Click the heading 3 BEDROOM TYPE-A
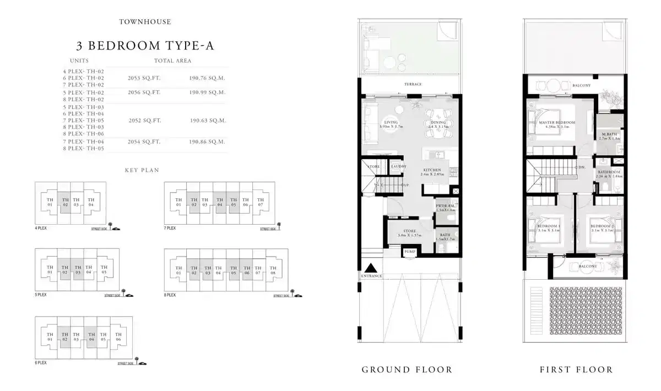click(x=145, y=46)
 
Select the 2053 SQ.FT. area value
click(x=144, y=78)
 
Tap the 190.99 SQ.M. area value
click(x=207, y=93)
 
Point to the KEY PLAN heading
click(x=142, y=171)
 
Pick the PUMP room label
click(x=410, y=252)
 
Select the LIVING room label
click(x=391, y=122)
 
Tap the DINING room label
click(x=437, y=122)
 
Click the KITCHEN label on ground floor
click(x=432, y=170)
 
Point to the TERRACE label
click(x=413, y=84)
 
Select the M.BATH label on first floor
click(x=609, y=134)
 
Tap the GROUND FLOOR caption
click(x=407, y=370)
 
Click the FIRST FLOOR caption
click(x=576, y=370)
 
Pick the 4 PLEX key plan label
click(x=41, y=228)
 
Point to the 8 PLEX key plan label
click(x=170, y=295)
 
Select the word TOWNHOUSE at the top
click(x=145, y=22)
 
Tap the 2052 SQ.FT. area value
click(x=144, y=120)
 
